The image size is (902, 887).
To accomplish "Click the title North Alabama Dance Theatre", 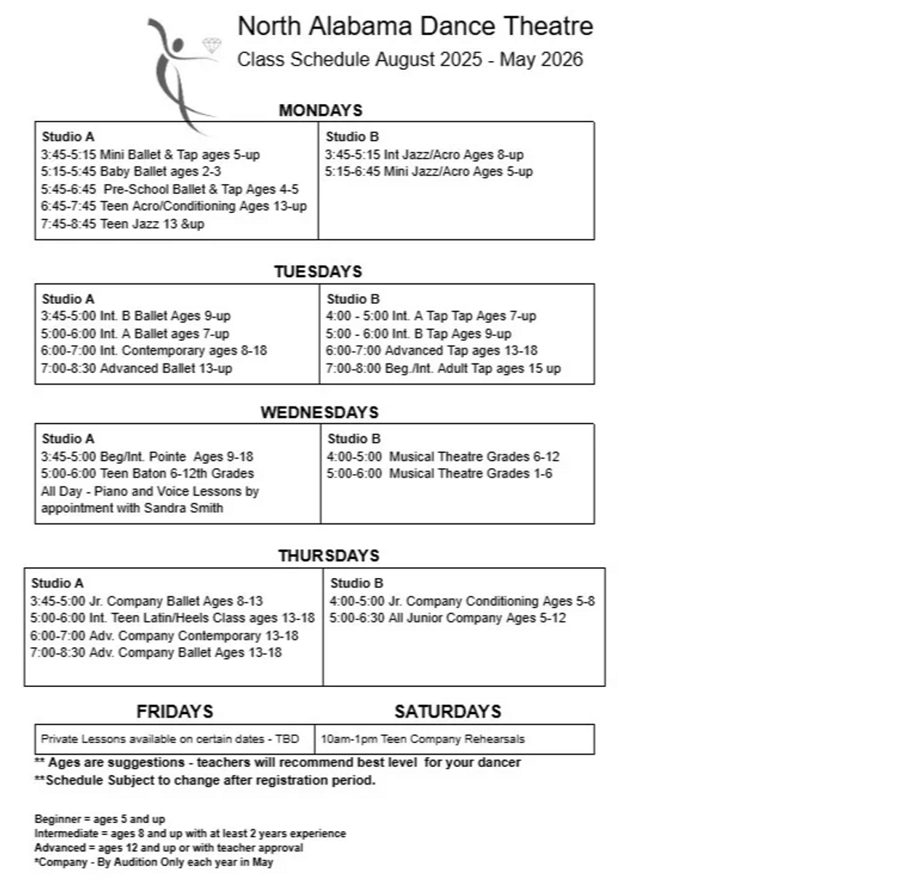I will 415,26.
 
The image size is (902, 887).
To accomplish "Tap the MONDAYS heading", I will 320,111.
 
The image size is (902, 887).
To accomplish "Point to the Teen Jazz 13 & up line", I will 122,224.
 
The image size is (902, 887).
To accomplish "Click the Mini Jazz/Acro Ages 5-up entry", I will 428,172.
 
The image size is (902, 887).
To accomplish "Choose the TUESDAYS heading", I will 318,272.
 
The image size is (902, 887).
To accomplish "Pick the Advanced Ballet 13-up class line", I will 136,369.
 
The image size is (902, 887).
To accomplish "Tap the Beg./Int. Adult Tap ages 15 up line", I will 443,369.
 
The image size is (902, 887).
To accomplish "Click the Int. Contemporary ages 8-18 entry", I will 153,350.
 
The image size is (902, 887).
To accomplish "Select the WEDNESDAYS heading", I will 319,413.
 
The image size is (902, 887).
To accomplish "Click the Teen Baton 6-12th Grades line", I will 147,473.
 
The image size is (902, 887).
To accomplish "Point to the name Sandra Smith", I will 183,508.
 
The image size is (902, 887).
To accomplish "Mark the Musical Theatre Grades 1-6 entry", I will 439,473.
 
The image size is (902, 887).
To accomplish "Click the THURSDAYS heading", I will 328,556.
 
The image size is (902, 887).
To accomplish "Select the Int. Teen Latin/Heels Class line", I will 172,618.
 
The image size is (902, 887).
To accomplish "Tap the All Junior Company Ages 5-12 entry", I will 447,618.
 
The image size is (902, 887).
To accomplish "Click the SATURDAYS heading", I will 447,712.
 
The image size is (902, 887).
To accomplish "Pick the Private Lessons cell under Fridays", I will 169,739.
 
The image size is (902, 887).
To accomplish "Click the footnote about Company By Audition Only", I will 153,862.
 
